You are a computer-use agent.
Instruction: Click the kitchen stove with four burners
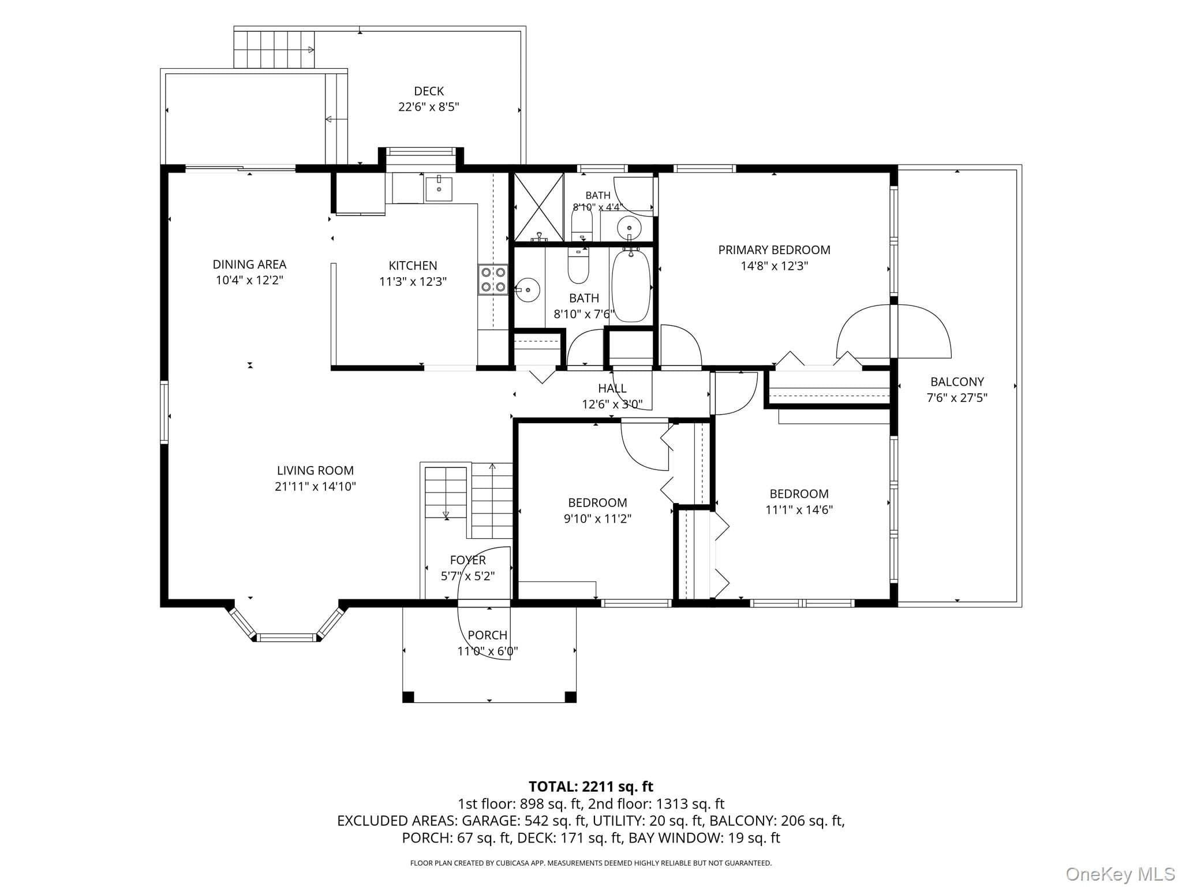pyautogui.click(x=493, y=279)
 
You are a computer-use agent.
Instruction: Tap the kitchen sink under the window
pyautogui.click(x=439, y=189)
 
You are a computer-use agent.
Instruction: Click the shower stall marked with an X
pyautogui.click(x=538, y=207)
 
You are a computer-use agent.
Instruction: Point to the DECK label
pyautogui.click(x=429, y=91)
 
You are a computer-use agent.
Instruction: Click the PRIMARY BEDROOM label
pyautogui.click(x=774, y=250)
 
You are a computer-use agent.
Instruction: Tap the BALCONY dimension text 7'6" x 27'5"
pyautogui.click(x=957, y=398)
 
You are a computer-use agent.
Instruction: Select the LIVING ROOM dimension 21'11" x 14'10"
pyautogui.click(x=315, y=487)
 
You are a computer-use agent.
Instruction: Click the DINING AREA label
pyautogui.click(x=249, y=264)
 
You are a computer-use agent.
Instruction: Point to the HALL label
pyautogui.click(x=612, y=388)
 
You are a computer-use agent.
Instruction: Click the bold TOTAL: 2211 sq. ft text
pyautogui.click(x=591, y=787)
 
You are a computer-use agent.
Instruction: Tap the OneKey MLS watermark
pyautogui.click(x=1120, y=874)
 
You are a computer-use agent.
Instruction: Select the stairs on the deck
pyautogui.click(x=274, y=50)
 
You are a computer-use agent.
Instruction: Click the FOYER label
pyautogui.click(x=467, y=560)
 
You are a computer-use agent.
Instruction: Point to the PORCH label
pyautogui.click(x=488, y=635)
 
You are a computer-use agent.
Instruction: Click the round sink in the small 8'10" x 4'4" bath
pyautogui.click(x=629, y=228)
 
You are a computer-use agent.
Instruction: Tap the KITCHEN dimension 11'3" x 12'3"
pyautogui.click(x=413, y=282)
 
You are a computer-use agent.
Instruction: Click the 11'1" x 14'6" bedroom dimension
pyautogui.click(x=799, y=510)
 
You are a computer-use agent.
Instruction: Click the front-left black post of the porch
pyautogui.click(x=408, y=697)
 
